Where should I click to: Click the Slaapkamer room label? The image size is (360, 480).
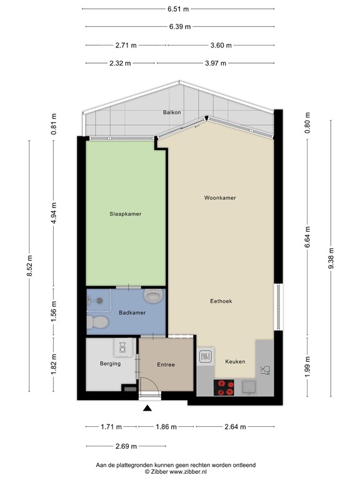[126, 214]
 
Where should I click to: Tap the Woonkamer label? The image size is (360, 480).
[219, 197]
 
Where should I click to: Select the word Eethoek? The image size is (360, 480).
[221, 301]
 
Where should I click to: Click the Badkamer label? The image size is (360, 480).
[131, 312]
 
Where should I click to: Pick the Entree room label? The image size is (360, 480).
[166, 365]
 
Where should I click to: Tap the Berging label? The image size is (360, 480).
[109, 364]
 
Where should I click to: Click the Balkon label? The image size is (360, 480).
[172, 112]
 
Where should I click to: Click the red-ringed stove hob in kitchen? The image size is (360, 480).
[224, 387]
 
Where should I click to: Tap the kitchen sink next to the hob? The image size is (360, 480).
[249, 388]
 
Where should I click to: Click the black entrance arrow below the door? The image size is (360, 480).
[147, 409]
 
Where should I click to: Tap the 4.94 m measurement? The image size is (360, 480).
[54, 213]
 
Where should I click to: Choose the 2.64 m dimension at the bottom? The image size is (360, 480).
[235, 427]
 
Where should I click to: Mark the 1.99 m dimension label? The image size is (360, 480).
[307, 363]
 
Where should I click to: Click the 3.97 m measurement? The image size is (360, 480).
[215, 63]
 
